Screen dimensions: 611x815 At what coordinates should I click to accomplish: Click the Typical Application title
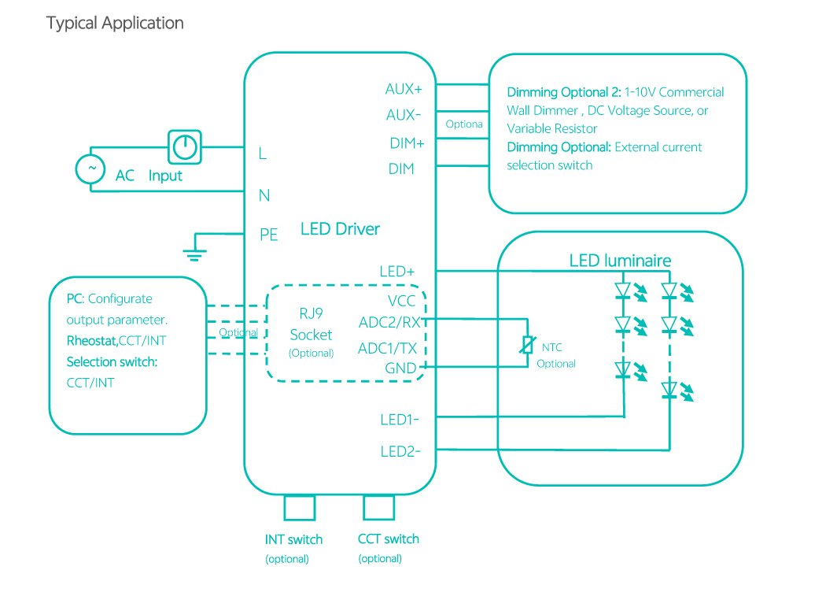pos(115,23)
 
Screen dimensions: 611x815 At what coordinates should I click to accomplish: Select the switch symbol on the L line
pos(185,146)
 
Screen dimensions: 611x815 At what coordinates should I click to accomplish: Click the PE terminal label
pos(269,235)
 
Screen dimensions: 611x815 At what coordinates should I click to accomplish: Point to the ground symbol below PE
pos(192,252)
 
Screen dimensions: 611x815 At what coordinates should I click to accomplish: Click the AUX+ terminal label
pos(404,89)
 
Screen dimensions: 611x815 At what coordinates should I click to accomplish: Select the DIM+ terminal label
pos(407,143)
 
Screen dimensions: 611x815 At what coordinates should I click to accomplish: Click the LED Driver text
pos(340,229)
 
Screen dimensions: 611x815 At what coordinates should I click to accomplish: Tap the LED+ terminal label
pos(396,272)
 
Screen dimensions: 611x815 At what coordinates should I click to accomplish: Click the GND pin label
pos(401,368)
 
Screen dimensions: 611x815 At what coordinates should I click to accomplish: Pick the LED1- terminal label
pos(400,420)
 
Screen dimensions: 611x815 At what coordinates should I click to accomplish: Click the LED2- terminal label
pos(400,451)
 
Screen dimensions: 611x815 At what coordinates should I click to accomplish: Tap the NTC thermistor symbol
pos(528,345)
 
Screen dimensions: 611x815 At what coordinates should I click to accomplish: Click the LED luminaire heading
pos(620,261)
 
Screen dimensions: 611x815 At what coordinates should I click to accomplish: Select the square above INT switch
pos(299,508)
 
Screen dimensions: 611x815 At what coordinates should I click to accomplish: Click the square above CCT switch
pos(378,508)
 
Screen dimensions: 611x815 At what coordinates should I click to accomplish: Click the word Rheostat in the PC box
pos(91,341)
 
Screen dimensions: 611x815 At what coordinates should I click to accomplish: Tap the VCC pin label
pos(401,301)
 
